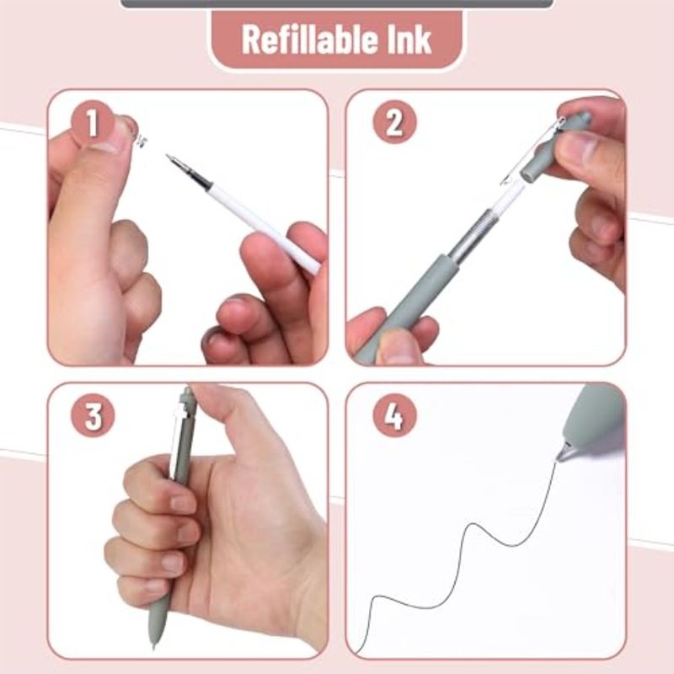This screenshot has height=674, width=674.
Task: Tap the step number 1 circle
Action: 93,125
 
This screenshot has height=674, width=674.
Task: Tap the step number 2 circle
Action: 393,125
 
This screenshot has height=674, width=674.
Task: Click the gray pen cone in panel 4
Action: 590,421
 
